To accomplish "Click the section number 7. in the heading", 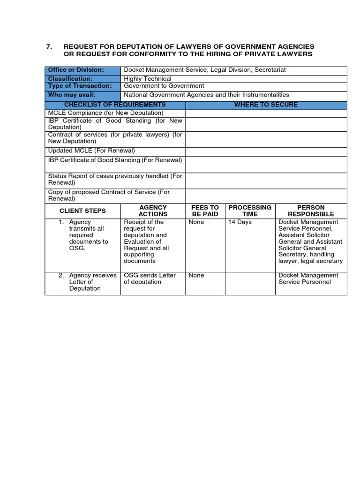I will coord(49,46).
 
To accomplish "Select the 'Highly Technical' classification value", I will coord(147,79).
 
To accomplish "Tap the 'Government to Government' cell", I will coord(164,86).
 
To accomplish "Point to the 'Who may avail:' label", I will coord(72,95).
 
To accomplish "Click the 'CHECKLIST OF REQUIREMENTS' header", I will coord(115,105).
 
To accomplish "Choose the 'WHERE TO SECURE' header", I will coord(266,105).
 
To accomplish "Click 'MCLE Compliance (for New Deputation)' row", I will coord(106,113).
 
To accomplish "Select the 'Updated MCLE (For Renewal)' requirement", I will coord(91,151).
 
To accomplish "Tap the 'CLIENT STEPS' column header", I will coord(82,210).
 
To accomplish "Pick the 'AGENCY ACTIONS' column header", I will coord(153,210).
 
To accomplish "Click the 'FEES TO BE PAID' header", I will coord(205,210).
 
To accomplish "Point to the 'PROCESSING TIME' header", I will coord(250,210).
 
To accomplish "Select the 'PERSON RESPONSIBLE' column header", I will coord(311,210).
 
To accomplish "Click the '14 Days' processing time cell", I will coord(240,222).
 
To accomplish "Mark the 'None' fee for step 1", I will coord(196,222).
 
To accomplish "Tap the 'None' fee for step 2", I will coord(196,276).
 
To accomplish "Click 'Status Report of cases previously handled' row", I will coord(115,179).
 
